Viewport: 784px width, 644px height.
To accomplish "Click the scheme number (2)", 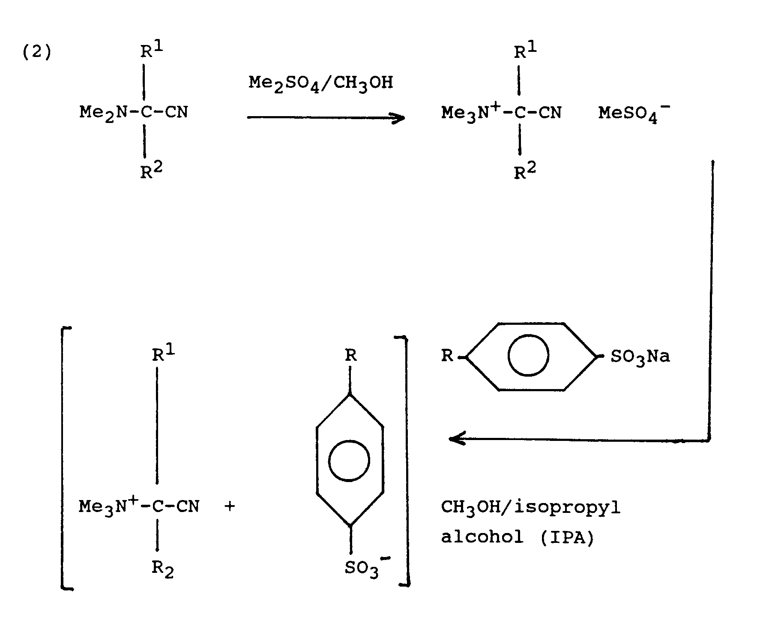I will coord(36,53).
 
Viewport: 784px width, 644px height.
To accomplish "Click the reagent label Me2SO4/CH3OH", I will coord(320,83).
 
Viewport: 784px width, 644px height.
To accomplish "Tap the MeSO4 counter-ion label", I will coord(634,114).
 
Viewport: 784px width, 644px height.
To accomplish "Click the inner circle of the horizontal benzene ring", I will coord(528,356).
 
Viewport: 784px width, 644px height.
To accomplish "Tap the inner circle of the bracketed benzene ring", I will coord(349,461).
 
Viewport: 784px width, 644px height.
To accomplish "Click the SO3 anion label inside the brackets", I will coord(367,569).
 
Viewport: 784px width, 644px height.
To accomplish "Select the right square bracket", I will coord(405,461).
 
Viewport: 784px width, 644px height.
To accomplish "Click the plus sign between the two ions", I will coord(230,507).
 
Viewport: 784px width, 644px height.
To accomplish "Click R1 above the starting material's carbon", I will coord(151,50).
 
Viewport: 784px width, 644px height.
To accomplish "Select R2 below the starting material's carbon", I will coord(151,171).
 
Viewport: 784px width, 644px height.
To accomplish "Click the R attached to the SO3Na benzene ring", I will coord(447,356).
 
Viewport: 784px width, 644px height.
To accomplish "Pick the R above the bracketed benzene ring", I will coord(350,356).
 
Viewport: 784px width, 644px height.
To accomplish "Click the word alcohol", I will coord(482,537).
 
